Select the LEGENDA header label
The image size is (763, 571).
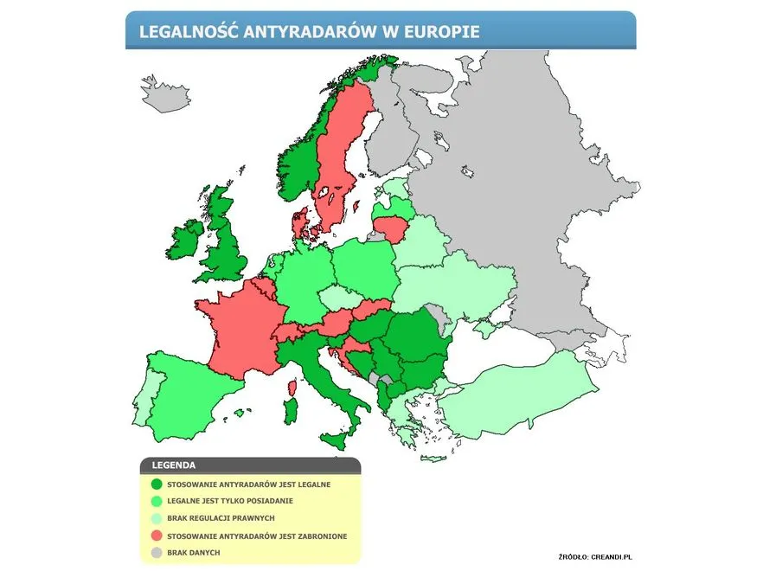(173, 465)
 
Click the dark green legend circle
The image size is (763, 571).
(156, 484)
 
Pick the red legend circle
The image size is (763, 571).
(156, 536)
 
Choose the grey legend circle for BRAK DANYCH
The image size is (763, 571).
(156, 553)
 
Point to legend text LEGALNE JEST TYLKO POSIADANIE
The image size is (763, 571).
(229, 502)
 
